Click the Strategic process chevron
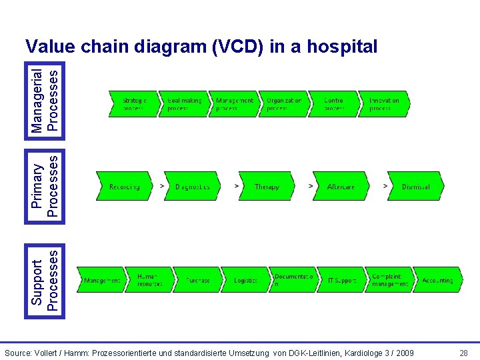click(x=133, y=104)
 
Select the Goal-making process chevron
click(x=183, y=104)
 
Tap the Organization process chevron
click(x=284, y=104)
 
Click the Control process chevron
click(x=334, y=104)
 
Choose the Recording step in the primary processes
click(x=125, y=187)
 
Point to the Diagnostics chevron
click(x=193, y=187)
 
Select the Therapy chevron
click(x=267, y=187)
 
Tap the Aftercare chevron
click(x=341, y=187)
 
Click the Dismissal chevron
click(x=415, y=187)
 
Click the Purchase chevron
click(x=198, y=280)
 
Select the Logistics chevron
click(x=246, y=280)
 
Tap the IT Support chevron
click(x=342, y=280)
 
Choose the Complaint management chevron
click(x=390, y=280)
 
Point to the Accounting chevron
click(x=437, y=280)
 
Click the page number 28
click(x=463, y=352)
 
